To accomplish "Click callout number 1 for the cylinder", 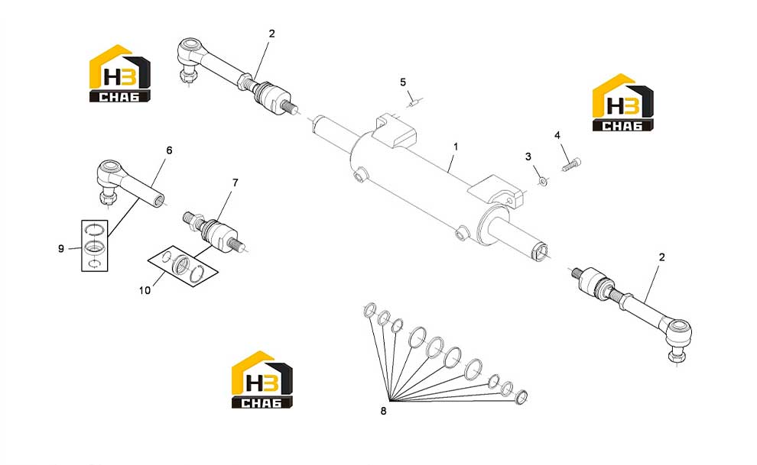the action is click(455, 147).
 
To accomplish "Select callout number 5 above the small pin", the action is click(403, 82).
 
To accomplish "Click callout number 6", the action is click(169, 150).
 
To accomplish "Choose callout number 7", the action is click(235, 182).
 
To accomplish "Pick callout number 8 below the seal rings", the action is click(383, 411).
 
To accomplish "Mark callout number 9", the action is click(61, 249).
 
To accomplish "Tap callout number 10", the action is click(145, 291).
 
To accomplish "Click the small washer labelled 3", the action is click(543, 181).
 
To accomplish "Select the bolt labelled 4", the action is click(572, 164).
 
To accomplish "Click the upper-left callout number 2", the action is click(271, 34).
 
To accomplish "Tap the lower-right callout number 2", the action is click(662, 257).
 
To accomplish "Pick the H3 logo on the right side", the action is click(622, 102).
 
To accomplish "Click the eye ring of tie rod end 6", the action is click(110, 170).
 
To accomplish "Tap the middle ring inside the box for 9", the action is click(93, 247).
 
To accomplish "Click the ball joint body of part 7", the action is click(219, 234).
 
